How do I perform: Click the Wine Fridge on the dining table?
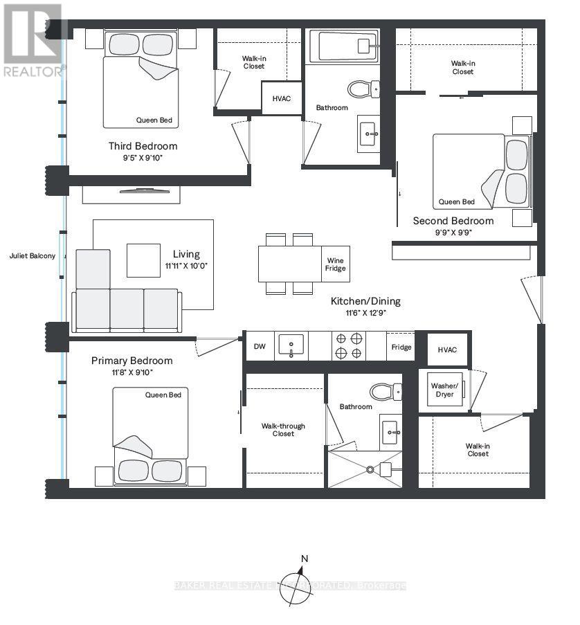(x=336, y=264)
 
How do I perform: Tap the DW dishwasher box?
(x=260, y=346)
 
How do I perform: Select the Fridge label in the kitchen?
(x=401, y=347)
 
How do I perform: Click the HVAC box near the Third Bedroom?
(x=282, y=98)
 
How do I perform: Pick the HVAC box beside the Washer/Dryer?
(x=447, y=350)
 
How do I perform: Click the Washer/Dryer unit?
(x=444, y=389)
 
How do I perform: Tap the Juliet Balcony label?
(x=33, y=255)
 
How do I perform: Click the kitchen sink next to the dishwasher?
(x=291, y=345)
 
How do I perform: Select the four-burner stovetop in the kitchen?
(x=348, y=345)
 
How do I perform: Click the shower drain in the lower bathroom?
(x=370, y=470)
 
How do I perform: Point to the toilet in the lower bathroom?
(x=385, y=392)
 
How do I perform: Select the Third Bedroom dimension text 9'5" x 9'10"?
(x=142, y=158)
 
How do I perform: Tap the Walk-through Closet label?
(x=283, y=430)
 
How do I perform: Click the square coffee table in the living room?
(x=143, y=260)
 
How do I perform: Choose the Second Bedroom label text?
(x=453, y=221)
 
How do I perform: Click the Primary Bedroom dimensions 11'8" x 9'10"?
(x=132, y=372)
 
